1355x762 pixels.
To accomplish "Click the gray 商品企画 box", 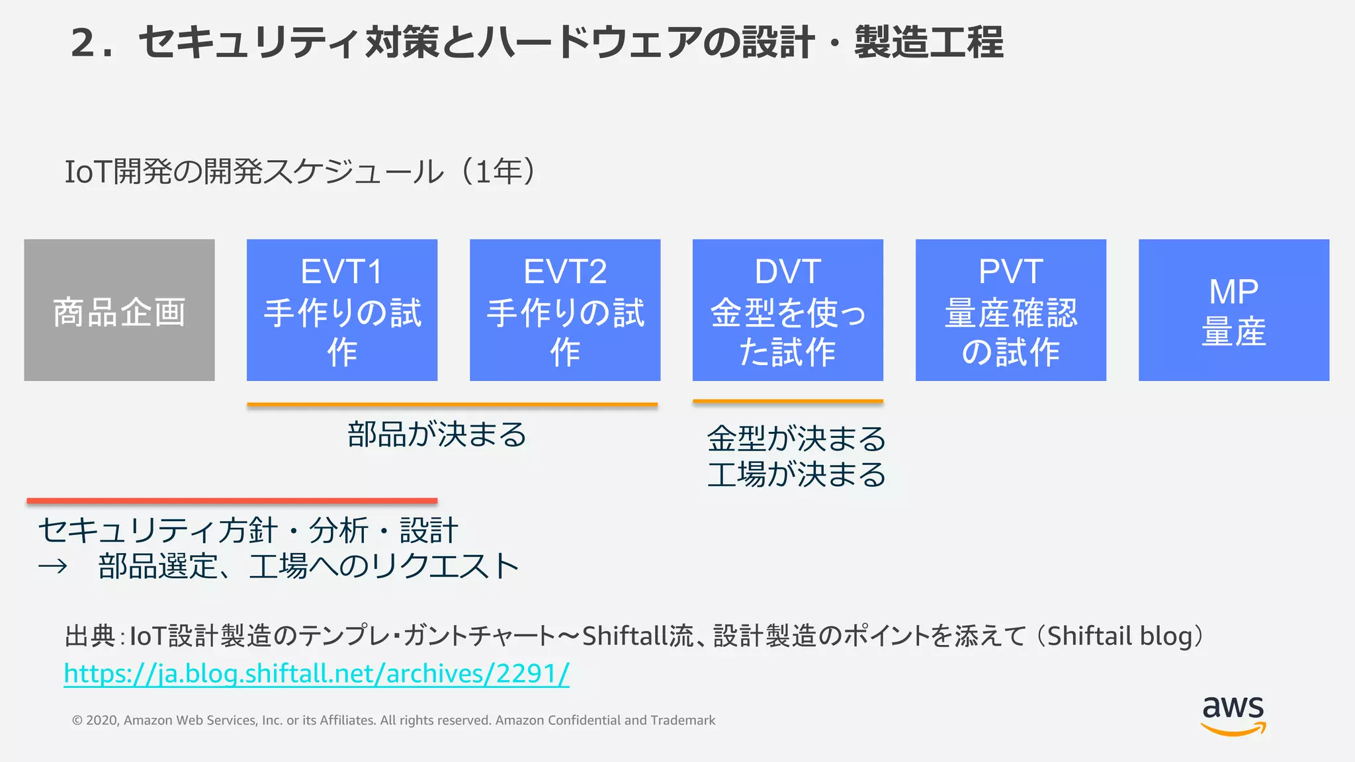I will click(x=119, y=310).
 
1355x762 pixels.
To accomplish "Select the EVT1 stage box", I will click(x=342, y=310).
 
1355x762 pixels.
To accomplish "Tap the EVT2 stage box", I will click(x=565, y=310).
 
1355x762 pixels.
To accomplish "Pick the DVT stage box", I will click(x=787, y=310).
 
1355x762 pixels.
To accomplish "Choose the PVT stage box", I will click(x=1010, y=310).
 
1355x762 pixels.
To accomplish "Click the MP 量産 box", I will click(x=1233, y=310).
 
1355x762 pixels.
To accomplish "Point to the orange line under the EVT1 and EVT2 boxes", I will click(x=452, y=404).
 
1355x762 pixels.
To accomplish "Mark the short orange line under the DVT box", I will click(x=787, y=401).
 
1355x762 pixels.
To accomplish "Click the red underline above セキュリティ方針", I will click(x=232, y=501).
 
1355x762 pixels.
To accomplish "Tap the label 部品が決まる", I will click(x=437, y=435).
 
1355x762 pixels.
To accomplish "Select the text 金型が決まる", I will click(x=796, y=439).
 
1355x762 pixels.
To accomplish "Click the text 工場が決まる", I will click(x=796, y=474).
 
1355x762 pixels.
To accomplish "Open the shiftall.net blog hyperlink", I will click(x=316, y=673).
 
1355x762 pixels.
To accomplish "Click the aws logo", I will click(x=1233, y=714).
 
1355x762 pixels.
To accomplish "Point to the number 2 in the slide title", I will click(x=84, y=43).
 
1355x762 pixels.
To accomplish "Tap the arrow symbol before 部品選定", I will click(x=53, y=566).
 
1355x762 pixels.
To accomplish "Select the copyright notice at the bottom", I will click(x=393, y=720).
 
